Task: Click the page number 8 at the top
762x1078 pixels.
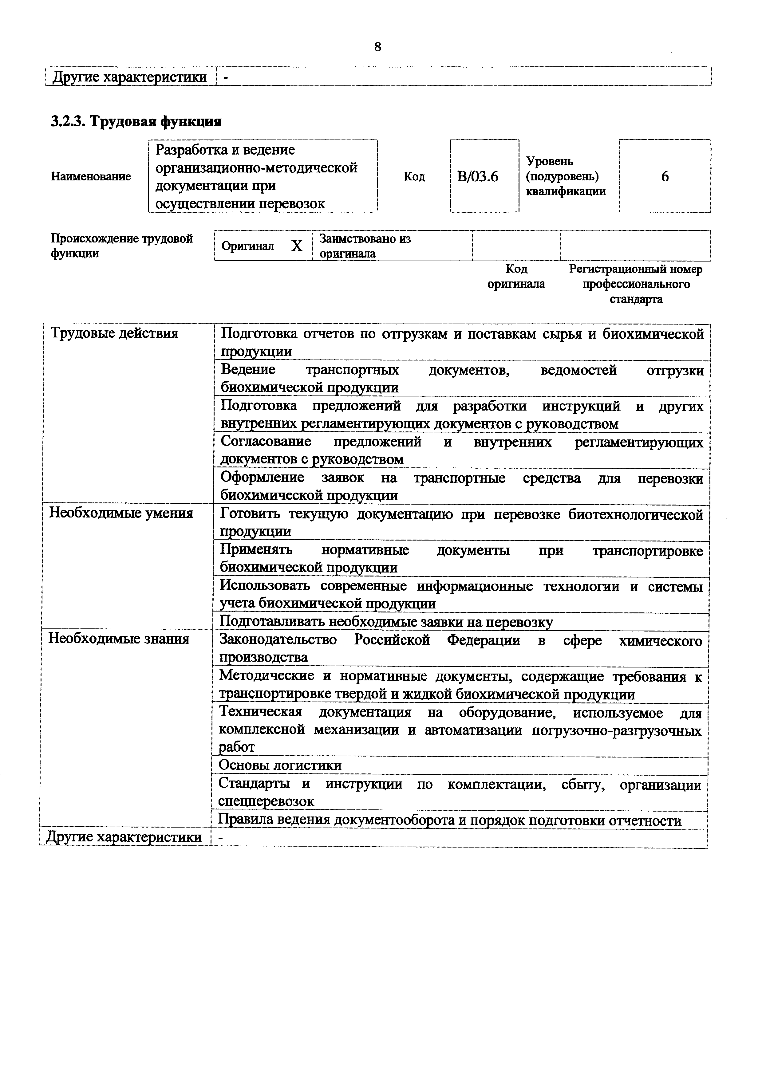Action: pyautogui.click(x=378, y=47)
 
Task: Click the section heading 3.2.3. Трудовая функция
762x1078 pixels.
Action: pyautogui.click(x=136, y=122)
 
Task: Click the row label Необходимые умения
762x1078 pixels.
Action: pyautogui.click(x=121, y=513)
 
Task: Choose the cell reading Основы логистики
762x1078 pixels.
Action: pyautogui.click(x=280, y=766)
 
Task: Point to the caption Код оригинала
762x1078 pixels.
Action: pyautogui.click(x=516, y=277)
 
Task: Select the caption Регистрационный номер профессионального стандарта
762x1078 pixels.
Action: pyautogui.click(x=636, y=284)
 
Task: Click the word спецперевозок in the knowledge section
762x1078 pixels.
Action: pyautogui.click(x=266, y=801)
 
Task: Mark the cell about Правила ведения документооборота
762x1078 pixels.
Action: pyautogui.click(x=450, y=821)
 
